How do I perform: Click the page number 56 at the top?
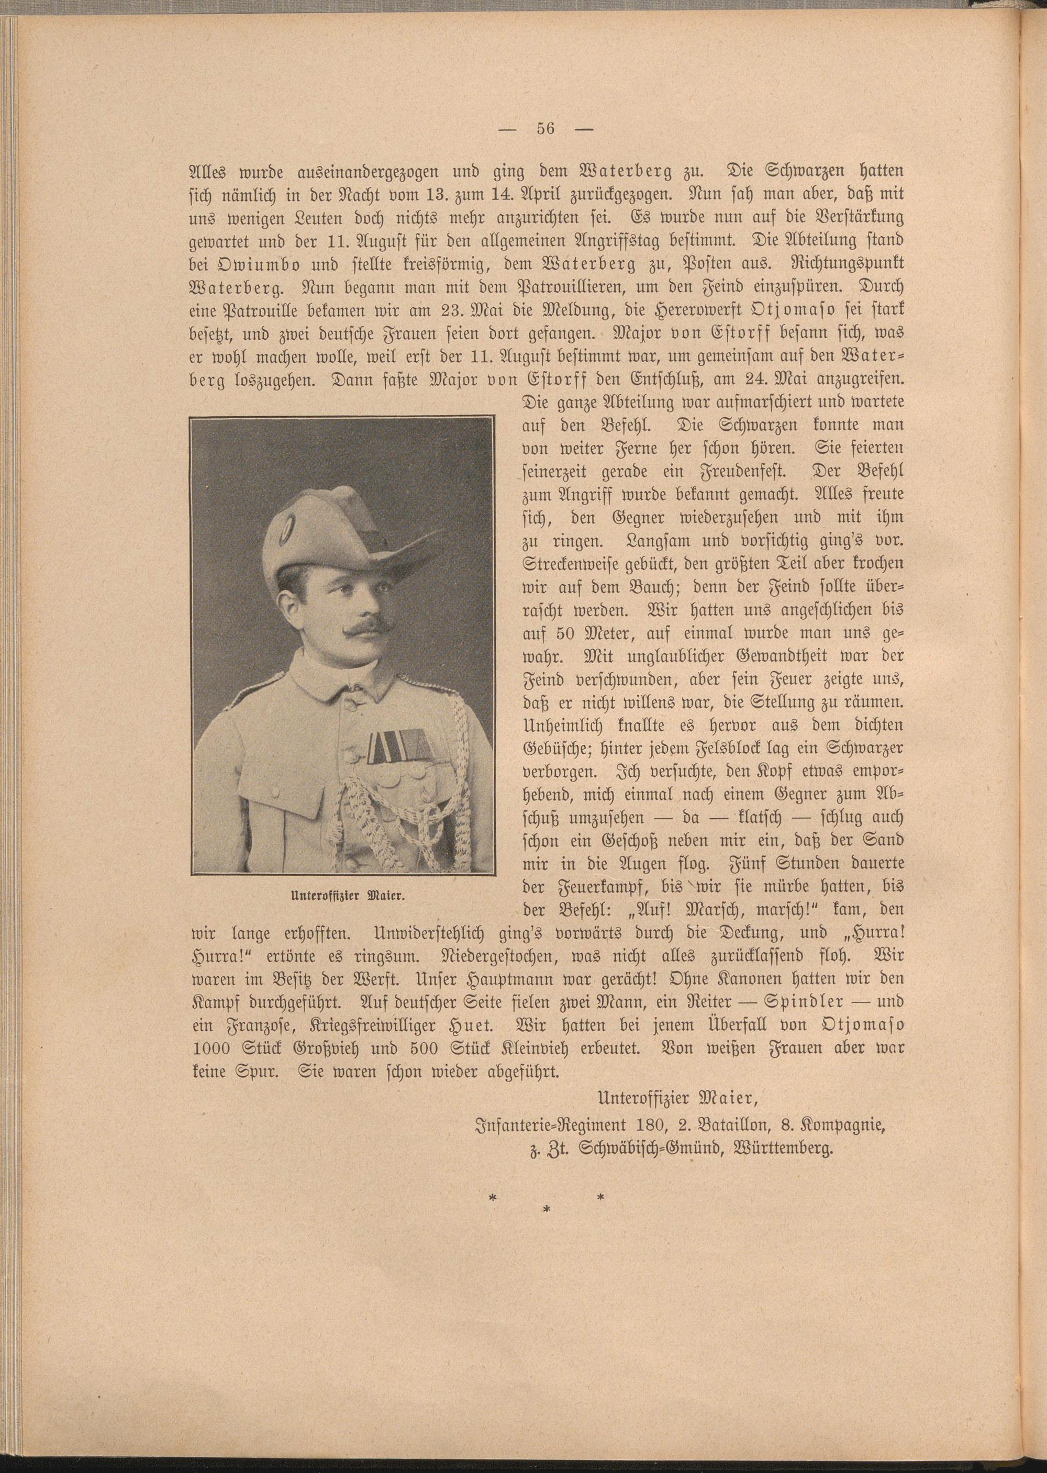pyautogui.click(x=545, y=128)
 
